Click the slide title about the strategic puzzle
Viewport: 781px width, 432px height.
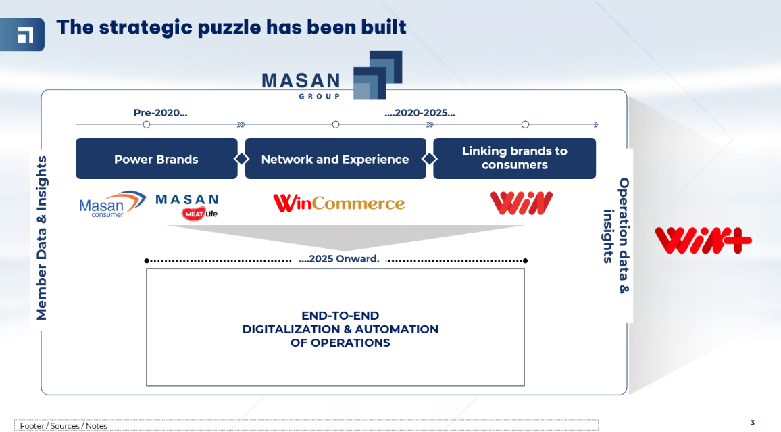tap(231, 28)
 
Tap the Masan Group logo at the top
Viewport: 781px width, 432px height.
tap(332, 75)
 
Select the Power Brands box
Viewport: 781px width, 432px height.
tap(156, 158)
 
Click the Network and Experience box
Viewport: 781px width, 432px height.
tap(335, 158)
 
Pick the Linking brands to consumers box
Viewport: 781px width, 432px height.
tap(515, 158)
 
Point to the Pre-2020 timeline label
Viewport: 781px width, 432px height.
tap(160, 113)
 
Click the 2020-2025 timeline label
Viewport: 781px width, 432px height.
tap(420, 113)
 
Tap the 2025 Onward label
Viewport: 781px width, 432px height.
tap(338, 259)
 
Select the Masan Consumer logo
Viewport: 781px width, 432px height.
tap(113, 204)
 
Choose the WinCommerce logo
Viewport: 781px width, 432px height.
tap(338, 203)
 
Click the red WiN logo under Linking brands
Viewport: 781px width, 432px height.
tap(521, 203)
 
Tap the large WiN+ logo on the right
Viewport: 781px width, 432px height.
tap(703, 240)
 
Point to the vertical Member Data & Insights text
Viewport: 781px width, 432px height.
tap(41, 238)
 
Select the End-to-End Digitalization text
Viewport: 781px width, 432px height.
tap(341, 329)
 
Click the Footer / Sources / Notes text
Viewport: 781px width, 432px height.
tap(64, 425)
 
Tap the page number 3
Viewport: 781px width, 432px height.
tap(752, 423)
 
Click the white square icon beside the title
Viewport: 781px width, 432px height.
tap(26, 35)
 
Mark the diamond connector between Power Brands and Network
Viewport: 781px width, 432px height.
tap(242, 158)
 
